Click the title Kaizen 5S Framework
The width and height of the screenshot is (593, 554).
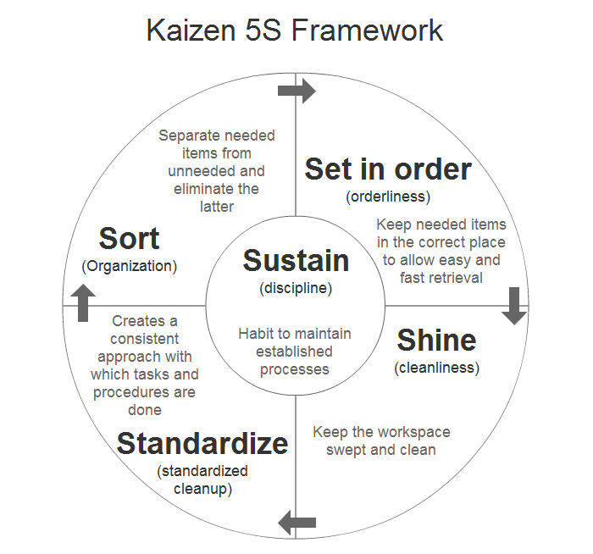pyautogui.click(x=295, y=31)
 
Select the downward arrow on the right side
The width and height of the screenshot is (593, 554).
pyautogui.click(x=514, y=305)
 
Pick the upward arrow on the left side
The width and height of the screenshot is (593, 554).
pyautogui.click(x=82, y=302)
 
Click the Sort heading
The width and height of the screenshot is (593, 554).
pyautogui.click(x=129, y=238)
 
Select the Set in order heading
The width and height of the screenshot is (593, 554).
pyautogui.click(x=388, y=169)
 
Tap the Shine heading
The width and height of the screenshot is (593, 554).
pyautogui.click(x=436, y=341)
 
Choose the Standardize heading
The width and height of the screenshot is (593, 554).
pyautogui.click(x=202, y=443)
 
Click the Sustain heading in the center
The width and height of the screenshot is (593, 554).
pyautogui.click(x=296, y=261)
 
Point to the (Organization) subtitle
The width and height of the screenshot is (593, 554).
pyautogui.click(x=130, y=266)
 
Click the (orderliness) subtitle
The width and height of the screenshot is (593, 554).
pyautogui.click(x=388, y=197)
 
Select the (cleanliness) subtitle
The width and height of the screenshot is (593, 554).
pyautogui.click(x=436, y=368)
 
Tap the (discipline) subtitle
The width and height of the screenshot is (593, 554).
pyautogui.click(x=296, y=288)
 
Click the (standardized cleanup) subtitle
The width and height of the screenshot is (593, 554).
pyautogui.click(x=202, y=479)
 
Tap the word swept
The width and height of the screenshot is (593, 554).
pyautogui.click(x=347, y=449)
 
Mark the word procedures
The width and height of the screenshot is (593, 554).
pyautogui.click(x=131, y=392)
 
